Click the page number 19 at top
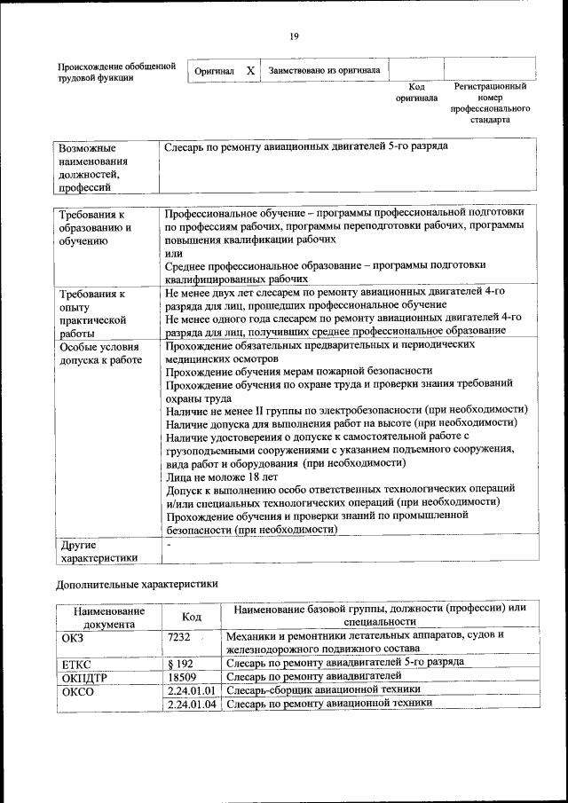pyautogui.click(x=294, y=35)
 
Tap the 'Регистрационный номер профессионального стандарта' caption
pyautogui.click(x=490, y=103)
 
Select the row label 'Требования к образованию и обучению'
pyautogui.click(x=95, y=227)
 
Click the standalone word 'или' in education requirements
pyautogui.click(x=173, y=253)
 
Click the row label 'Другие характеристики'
pyautogui.click(x=98, y=550)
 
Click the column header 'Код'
pyautogui.click(x=191, y=617)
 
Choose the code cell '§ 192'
pyautogui.click(x=180, y=663)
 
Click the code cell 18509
pyautogui.click(x=181, y=676)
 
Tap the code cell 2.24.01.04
pyautogui.click(x=192, y=703)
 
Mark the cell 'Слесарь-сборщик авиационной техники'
pyautogui.click(x=323, y=689)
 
